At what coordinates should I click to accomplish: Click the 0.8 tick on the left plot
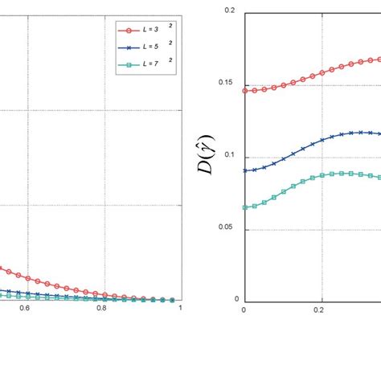(x=102, y=307)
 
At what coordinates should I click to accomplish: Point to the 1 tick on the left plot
(x=180, y=307)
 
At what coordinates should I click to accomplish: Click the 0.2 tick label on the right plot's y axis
(x=230, y=10)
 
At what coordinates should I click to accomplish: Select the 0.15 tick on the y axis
(x=227, y=83)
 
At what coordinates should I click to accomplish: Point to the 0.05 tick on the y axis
(x=227, y=228)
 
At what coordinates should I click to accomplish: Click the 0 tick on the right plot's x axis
(x=244, y=308)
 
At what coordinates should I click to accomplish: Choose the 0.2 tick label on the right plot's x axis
(x=319, y=308)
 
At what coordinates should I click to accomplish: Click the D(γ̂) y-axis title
(x=206, y=155)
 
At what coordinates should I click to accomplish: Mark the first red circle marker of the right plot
(x=244, y=91)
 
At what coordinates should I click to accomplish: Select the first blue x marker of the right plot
(x=244, y=170)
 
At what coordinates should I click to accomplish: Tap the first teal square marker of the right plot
(x=244, y=207)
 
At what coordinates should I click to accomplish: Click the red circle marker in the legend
(x=125, y=30)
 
